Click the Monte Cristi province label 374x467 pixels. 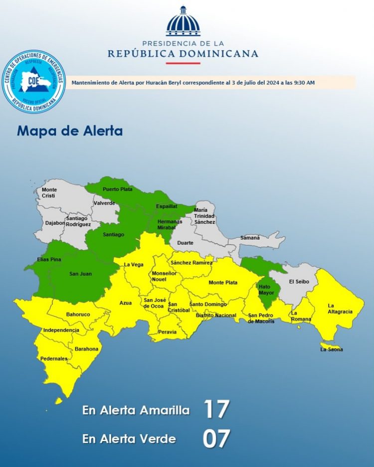tap(49, 193)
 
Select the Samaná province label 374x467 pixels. tap(250, 238)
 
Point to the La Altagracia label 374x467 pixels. tap(340, 309)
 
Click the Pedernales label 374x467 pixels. tap(54, 358)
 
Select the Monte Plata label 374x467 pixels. tap(222, 283)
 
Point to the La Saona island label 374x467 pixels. tap(331, 349)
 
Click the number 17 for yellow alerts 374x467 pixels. tap(216, 409)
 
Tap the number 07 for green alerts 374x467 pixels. tap(216, 439)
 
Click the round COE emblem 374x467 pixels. tap(34, 81)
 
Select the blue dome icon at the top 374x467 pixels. tap(183, 21)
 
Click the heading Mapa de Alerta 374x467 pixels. tap(70, 131)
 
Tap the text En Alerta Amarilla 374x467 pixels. tap(136, 411)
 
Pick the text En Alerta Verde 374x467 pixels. tap(129, 439)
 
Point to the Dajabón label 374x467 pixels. tap(55, 223)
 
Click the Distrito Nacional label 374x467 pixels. tap(216, 315)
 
